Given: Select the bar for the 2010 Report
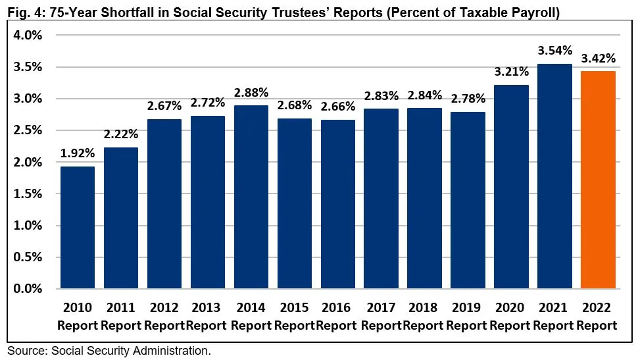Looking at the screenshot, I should [x=78, y=227].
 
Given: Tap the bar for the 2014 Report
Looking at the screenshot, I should [x=251, y=197].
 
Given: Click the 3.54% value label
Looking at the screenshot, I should [x=554, y=51].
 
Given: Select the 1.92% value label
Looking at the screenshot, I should [x=78, y=153].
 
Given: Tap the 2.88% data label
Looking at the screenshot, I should [x=251, y=92].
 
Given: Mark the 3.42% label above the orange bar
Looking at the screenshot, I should [x=598, y=59].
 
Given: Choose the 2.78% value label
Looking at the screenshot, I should [x=468, y=99].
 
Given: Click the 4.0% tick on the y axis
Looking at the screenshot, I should [x=28, y=36].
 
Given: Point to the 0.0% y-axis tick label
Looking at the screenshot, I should [x=28, y=288].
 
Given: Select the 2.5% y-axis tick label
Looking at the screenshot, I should [x=28, y=130].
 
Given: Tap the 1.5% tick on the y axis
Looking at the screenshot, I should [x=28, y=193].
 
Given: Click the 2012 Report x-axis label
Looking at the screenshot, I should [x=164, y=316].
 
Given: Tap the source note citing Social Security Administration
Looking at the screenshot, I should [x=109, y=351].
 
